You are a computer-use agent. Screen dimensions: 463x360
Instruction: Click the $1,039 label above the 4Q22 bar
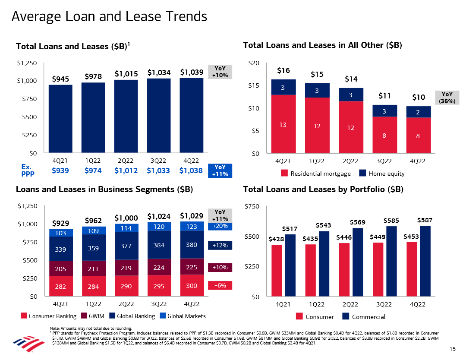(x=192, y=72)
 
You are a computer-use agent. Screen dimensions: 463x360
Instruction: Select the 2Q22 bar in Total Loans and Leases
(x=126, y=117)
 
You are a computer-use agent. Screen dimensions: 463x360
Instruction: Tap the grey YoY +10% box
(x=220, y=72)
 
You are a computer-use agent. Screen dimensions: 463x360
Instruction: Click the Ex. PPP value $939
(x=60, y=171)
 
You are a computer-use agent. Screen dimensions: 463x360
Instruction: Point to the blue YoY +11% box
(x=220, y=171)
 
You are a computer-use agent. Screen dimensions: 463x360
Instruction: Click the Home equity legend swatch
(x=362, y=173)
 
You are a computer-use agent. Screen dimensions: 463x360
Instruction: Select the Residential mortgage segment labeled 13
(x=283, y=124)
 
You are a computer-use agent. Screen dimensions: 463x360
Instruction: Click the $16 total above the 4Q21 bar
(x=283, y=70)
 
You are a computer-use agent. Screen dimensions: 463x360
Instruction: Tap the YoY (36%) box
(x=447, y=98)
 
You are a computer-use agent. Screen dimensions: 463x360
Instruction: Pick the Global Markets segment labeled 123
(x=192, y=226)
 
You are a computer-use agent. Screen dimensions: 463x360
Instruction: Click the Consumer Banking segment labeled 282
(x=61, y=286)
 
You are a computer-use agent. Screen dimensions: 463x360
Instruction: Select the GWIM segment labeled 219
(x=126, y=268)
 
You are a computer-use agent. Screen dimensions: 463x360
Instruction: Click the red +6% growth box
(x=220, y=285)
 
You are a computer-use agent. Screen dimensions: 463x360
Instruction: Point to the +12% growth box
(x=220, y=246)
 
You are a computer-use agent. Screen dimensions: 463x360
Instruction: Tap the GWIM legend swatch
(x=84, y=316)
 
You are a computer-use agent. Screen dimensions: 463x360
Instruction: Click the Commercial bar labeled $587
(x=425, y=261)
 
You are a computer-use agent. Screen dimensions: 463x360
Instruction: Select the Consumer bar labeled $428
(x=277, y=271)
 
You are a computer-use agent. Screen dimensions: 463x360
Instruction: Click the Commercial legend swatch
(x=346, y=316)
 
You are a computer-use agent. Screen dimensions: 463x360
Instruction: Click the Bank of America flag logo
(x=28, y=344)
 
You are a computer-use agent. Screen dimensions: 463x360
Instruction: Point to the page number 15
(x=452, y=349)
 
